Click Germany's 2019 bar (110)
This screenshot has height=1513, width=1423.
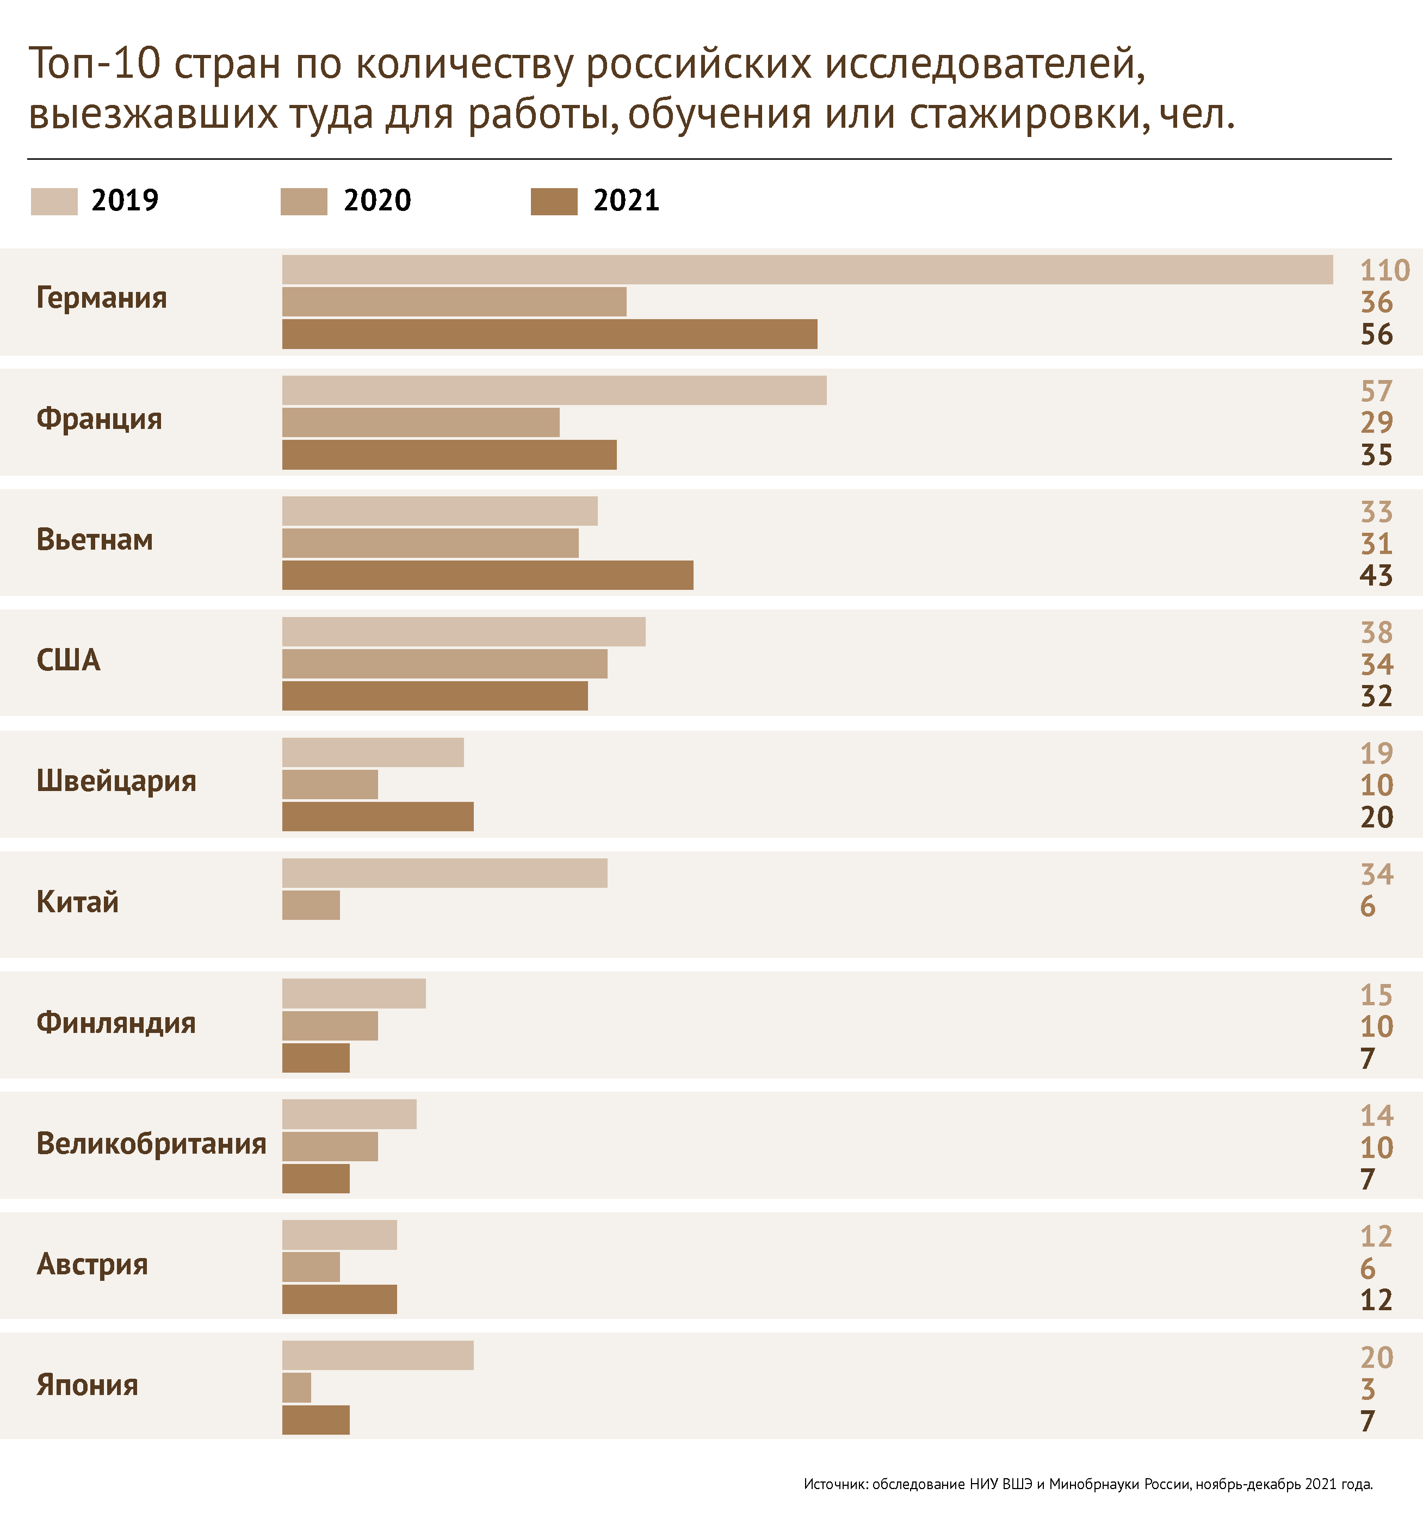coord(807,270)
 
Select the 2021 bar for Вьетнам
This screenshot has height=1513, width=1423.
coord(487,575)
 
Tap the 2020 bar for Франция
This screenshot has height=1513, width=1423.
coord(420,422)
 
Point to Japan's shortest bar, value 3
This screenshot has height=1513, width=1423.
coord(296,1388)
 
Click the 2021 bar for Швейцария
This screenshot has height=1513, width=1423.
coord(378,817)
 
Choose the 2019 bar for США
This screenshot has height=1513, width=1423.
coord(463,632)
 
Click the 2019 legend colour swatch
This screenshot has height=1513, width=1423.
coord(54,202)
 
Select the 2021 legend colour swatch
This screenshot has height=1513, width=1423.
coord(554,202)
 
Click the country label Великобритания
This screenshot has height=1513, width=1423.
coord(151,1144)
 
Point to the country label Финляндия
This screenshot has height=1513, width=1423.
coord(116,1023)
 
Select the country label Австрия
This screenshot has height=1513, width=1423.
coord(92,1264)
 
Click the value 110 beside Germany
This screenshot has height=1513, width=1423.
coord(1385,271)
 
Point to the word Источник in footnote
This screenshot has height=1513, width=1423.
coord(835,1484)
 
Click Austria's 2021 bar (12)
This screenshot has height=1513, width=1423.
coord(339,1299)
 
